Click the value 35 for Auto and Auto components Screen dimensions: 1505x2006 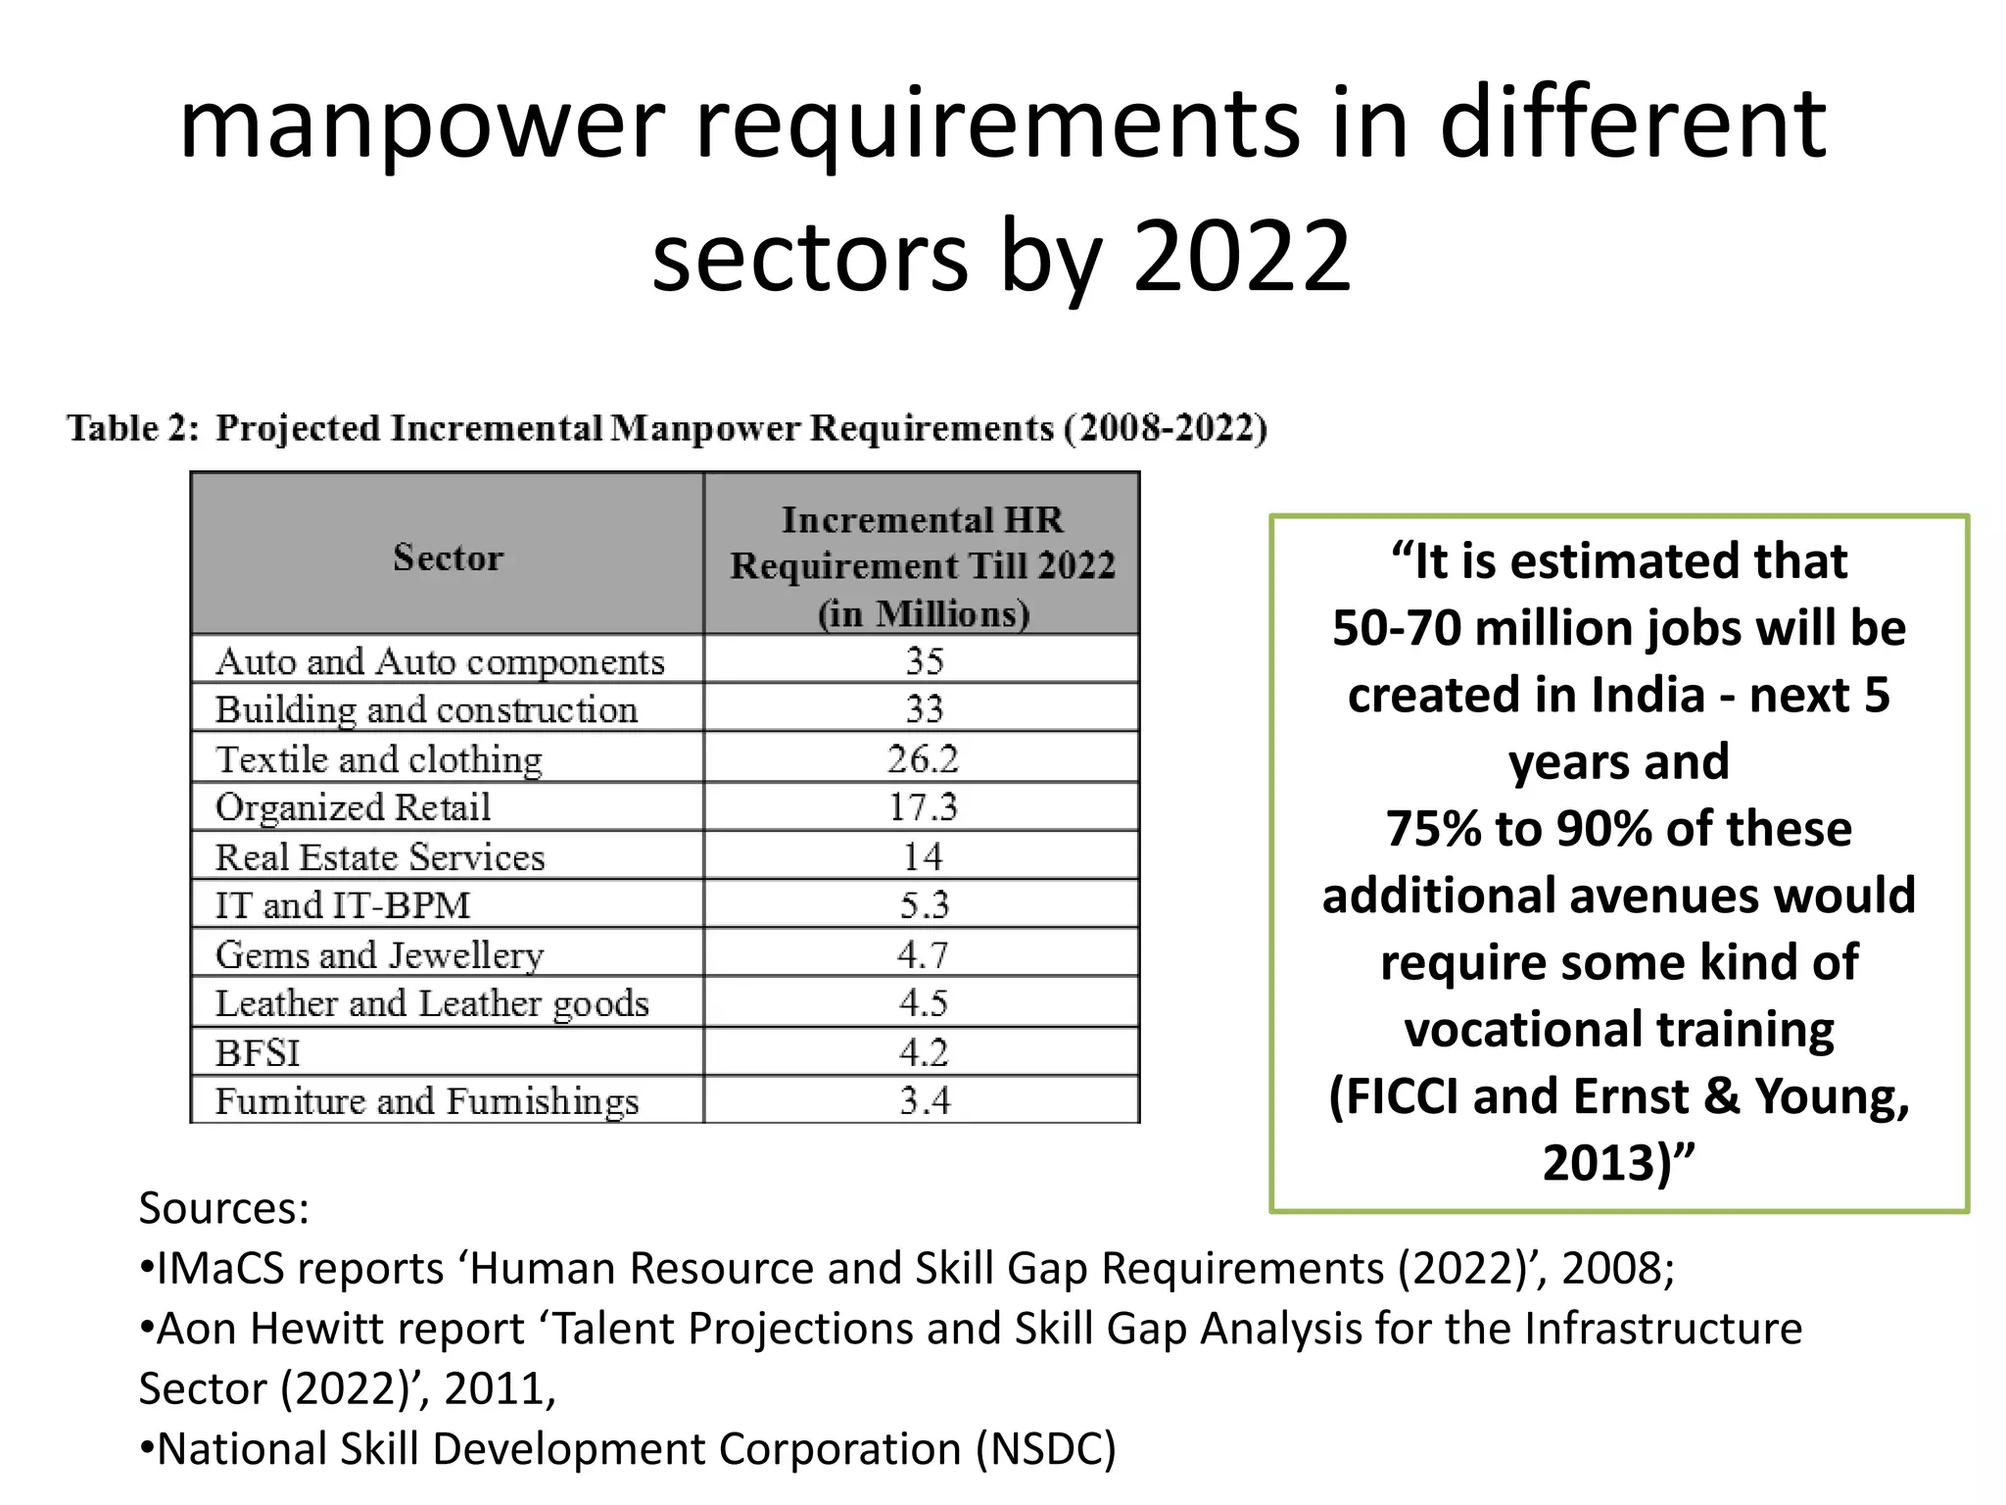click(925, 661)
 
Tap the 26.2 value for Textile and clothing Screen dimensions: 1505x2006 click(923, 759)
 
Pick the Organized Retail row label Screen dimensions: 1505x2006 click(353, 807)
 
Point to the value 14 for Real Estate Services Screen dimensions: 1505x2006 click(923, 857)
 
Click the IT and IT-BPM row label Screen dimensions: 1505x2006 click(343, 905)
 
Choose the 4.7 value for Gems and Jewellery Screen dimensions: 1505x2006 click(923, 954)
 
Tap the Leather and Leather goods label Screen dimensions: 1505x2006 click(432, 1003)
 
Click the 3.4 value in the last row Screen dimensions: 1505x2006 click(925, 1101)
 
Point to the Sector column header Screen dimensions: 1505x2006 click(448, 558)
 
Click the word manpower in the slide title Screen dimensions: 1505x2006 click(422, 124)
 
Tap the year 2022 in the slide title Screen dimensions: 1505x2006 click(1242, 257)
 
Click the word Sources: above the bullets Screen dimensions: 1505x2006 click(223, 1208)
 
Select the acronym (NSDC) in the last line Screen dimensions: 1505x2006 click(1045, 1449)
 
